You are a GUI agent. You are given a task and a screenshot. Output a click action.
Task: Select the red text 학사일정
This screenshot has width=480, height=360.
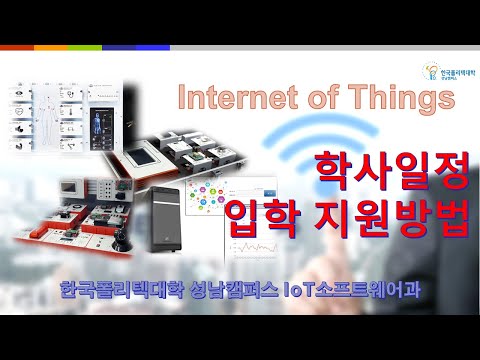tap(391, 170)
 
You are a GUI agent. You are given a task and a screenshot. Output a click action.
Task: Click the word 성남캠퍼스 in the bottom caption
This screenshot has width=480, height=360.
tap(219, 294)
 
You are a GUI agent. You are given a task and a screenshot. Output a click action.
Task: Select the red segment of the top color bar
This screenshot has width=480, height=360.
tap(16, 47)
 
